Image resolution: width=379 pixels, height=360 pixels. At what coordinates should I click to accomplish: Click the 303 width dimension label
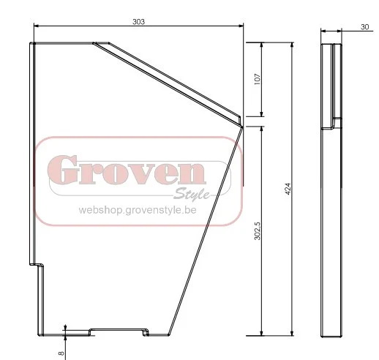tap(138, 22)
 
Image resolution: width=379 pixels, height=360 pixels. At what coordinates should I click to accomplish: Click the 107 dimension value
tap(258, 79)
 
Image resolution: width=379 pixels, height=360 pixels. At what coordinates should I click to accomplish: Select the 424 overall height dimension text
tap(288, 189)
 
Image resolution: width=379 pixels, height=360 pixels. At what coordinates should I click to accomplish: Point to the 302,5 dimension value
tap(258, 231)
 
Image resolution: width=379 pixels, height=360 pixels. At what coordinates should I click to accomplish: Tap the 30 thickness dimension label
tap(365, 27)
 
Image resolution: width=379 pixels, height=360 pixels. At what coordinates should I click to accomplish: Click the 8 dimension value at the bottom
tap(61, 353)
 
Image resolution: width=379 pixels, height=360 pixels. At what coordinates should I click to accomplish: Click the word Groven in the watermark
tap(127, 170)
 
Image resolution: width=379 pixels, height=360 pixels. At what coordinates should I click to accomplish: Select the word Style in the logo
tap(192, 194)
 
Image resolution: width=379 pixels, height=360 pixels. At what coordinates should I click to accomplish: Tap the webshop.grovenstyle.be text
tap(138, 210)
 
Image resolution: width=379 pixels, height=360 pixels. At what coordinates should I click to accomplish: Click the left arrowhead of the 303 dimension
tap(36, 26)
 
